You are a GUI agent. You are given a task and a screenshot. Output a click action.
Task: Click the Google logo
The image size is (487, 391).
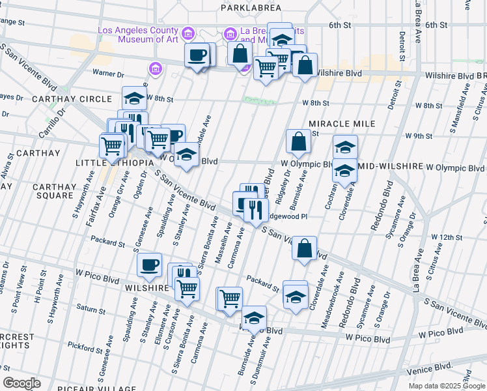click(21, 383)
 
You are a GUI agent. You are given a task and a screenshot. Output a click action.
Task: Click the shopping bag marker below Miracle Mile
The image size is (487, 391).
click(298, 141)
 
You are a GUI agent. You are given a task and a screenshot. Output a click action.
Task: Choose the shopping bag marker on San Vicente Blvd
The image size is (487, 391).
click(304, 248)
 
